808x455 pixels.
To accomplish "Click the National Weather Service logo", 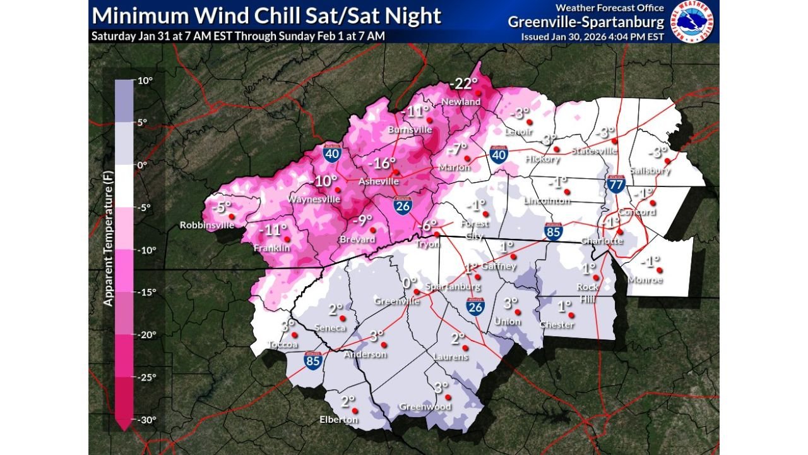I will point(692,22).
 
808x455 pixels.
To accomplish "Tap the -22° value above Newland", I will point(464,83).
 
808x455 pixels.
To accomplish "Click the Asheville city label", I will point(378,181).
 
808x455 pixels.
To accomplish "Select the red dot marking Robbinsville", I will point(231,217).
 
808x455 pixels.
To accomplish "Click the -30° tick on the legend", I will point(146,420).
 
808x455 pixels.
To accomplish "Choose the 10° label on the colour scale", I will point(145,81).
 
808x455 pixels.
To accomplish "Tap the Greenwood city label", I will point(425,406).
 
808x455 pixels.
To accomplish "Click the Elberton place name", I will point(339,419).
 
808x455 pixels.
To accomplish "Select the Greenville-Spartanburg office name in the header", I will point(586,22).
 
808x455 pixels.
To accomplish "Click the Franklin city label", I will point(272,248).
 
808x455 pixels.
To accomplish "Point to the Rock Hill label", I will point(588,291).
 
